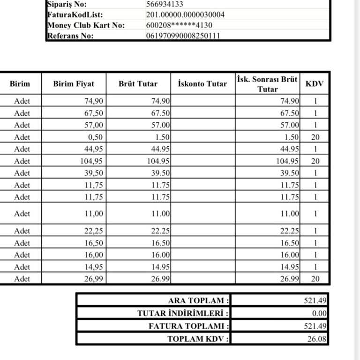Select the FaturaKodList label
tap(75, 15)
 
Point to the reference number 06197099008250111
tap(183, 36)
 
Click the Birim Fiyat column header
tap(74, 84)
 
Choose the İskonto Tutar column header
tap(202, 84)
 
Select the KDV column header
tap(315, 84)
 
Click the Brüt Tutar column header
tap(138, 84)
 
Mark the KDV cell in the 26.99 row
tap(315, 279)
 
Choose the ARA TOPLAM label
tap(199, 300)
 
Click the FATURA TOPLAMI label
tap(189, 326)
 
